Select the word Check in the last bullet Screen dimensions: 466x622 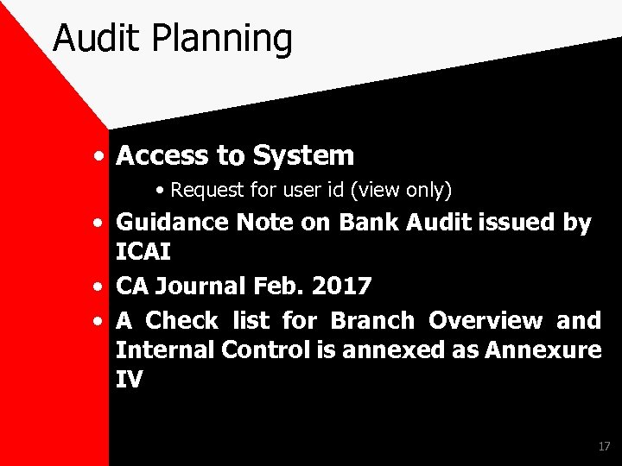click(x=181, y=320)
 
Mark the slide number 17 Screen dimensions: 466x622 click(x=604, y=446)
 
